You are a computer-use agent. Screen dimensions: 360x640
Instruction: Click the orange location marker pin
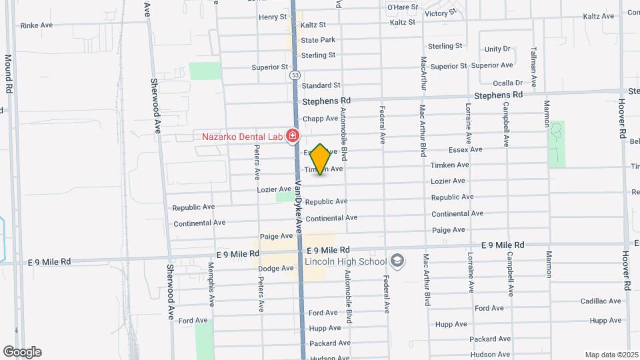pos(321,159)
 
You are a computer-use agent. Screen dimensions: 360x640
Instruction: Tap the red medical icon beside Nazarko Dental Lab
pos(291,137)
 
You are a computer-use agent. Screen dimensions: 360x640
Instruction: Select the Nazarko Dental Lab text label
pos(242,137)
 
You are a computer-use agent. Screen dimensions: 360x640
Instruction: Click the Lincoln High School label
pos(347,260)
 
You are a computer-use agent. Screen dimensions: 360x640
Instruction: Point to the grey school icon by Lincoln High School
pos(398,259)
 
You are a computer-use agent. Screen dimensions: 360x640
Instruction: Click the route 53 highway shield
pos(294,75)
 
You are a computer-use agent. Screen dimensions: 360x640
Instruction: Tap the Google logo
pos(22,352)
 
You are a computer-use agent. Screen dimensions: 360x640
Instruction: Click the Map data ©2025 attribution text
pos(611,355)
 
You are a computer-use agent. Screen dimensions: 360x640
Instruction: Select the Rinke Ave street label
pos(37,25)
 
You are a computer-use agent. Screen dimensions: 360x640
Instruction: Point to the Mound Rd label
pos(9,73)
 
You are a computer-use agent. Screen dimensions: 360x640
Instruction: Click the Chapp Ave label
pos(320,119)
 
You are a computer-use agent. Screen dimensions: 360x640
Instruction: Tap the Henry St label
pos(273,17)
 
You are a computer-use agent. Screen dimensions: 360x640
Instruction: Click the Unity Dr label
pos(497,49)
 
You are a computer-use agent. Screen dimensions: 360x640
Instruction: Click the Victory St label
pos(439,13)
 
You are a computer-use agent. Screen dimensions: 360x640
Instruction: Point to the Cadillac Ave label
pos(601,301)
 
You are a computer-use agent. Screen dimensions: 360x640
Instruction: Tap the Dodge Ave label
pos(276,268)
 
